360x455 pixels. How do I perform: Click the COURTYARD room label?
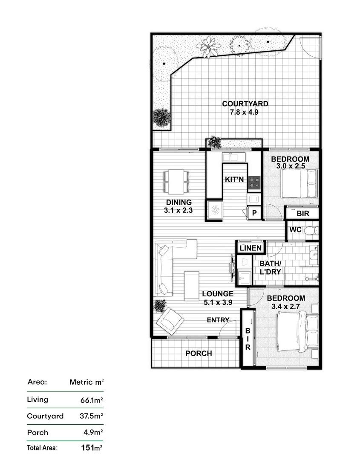[x=245, y=104]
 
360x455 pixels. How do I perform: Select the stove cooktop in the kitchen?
[x=254, y=183]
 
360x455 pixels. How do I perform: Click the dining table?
[x=176, y=182]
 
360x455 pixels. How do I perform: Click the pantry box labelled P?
[x=254, y=213]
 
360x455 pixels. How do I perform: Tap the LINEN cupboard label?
[x=251, y=248]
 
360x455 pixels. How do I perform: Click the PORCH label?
[x=199, y=354]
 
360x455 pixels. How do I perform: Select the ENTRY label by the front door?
[x=218, y=320]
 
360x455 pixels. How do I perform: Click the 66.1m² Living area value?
[x=92, y=400]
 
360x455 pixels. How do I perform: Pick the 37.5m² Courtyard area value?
[x=91, y=416]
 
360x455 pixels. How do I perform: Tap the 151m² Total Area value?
[x=92, y=448]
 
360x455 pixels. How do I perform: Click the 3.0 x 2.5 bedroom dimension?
[x=290, y=166]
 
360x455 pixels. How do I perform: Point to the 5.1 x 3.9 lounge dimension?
[x=218, y=302]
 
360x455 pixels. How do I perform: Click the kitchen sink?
[x=233, y=157]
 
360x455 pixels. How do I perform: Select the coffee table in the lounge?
[x=192, y=286]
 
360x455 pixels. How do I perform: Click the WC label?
[x=295, y=230]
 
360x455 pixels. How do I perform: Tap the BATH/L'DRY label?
[x=270, y=267]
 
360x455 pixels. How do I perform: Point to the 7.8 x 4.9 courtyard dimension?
[x=244, y=112]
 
